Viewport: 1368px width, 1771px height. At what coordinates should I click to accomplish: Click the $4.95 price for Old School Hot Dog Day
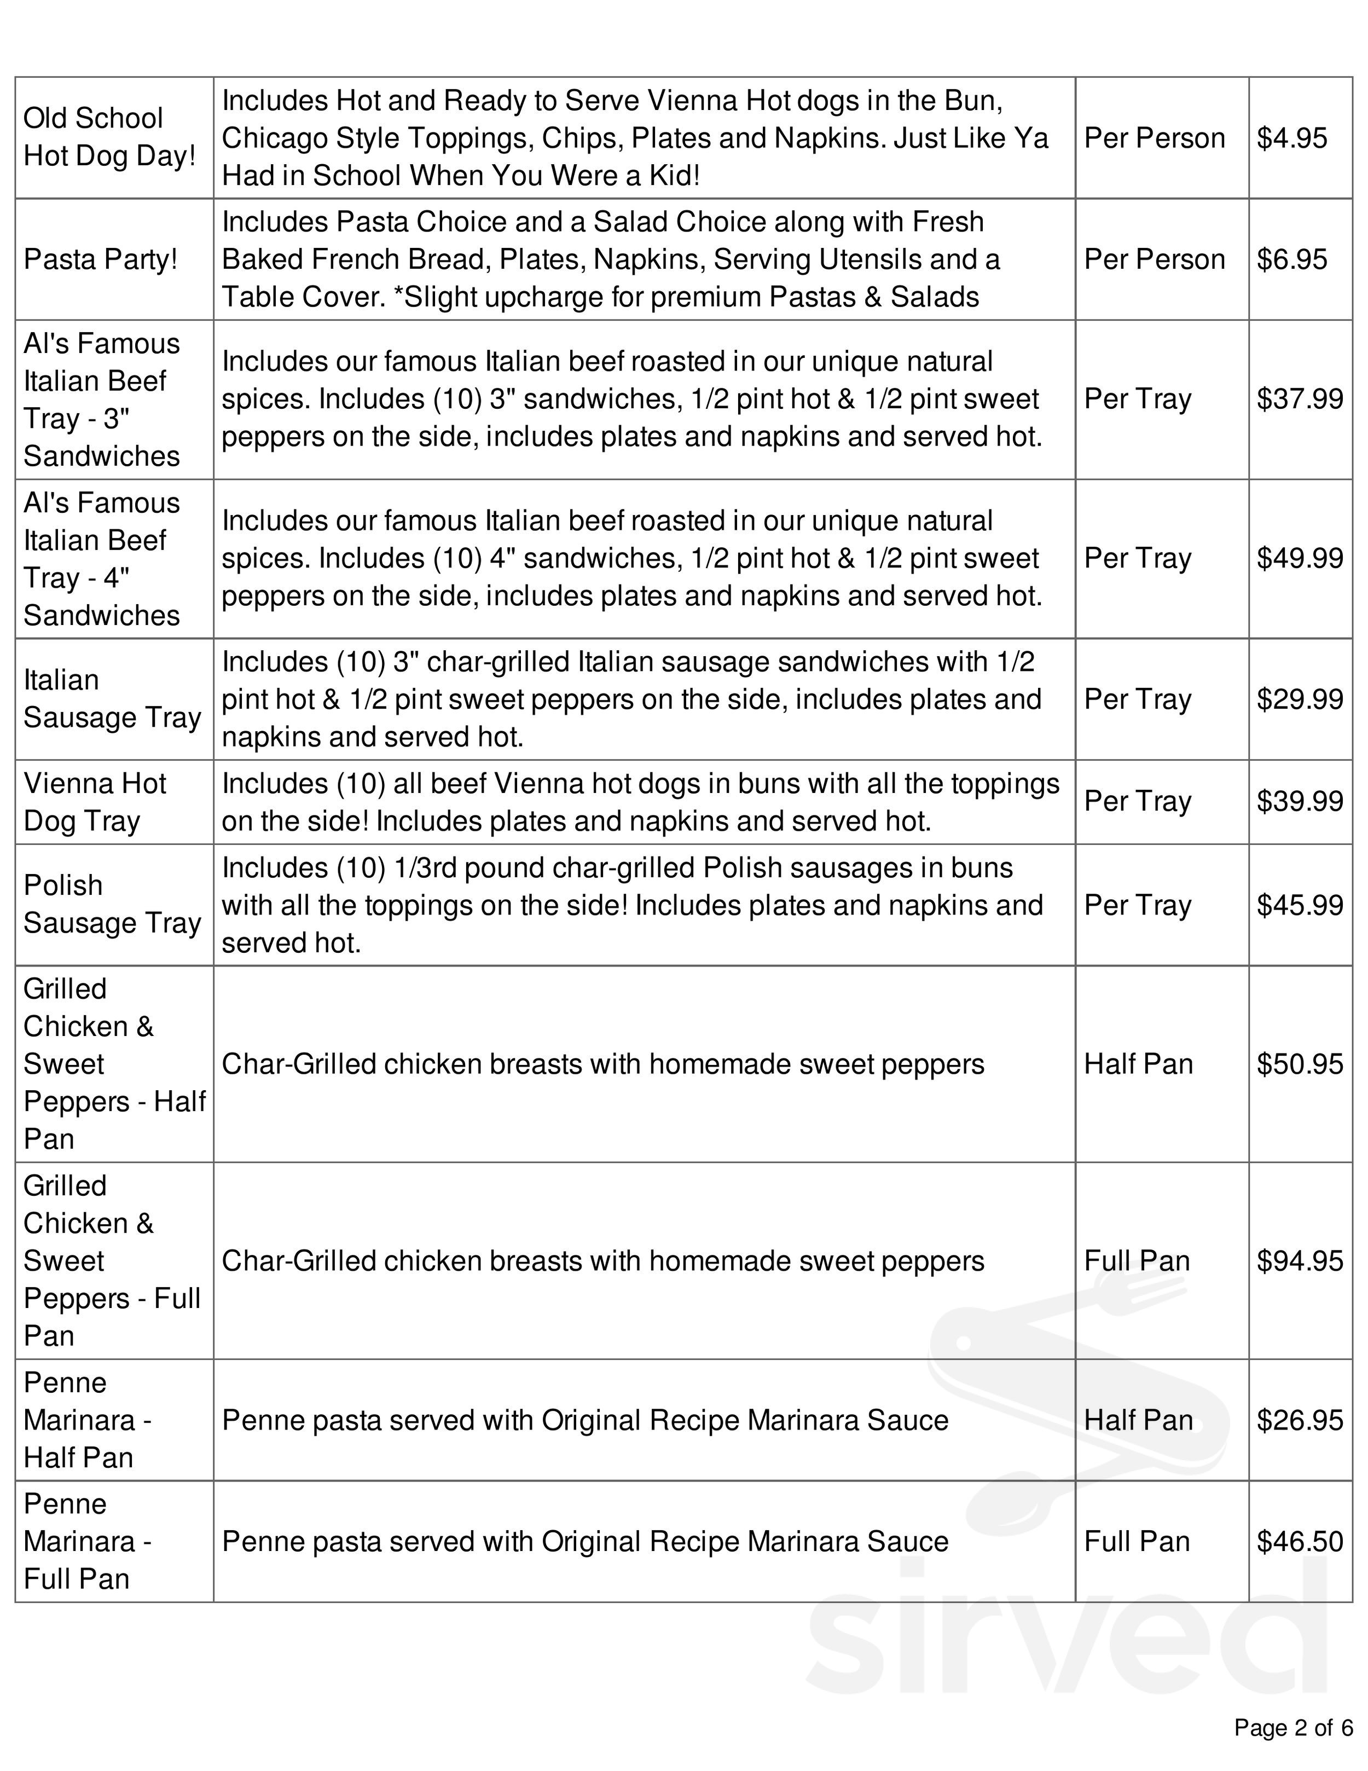tap(1292, 138)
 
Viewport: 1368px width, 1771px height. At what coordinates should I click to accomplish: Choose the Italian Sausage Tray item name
tap(112, 698)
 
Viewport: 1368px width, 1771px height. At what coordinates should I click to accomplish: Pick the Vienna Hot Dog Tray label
tap(95, 802)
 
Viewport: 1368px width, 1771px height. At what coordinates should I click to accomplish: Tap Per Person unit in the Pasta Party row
tap(1154, 259)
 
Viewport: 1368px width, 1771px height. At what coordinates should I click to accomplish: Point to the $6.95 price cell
tap(1292, 259)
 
